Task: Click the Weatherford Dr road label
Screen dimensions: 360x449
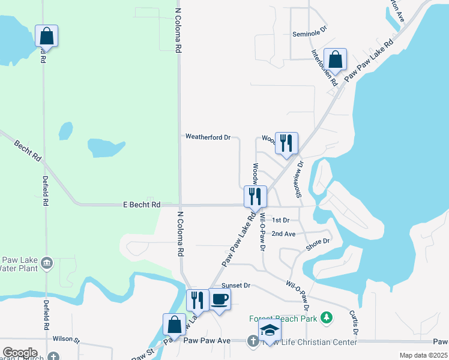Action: click(x=208, y=137)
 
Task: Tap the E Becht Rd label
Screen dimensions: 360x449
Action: click(x=139, y=205)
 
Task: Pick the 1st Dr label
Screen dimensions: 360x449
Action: click(x=281, y=221)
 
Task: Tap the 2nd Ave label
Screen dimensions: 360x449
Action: click(x=283, y=233)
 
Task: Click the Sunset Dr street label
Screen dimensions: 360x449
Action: click(x=235, y=286)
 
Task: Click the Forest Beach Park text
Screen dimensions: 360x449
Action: click(x=283, y=319)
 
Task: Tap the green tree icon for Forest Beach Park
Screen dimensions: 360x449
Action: click(x=327, y=317)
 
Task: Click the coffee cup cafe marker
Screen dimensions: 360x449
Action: click(x=219, y=299)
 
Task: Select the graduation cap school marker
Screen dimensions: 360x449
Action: click(x=270, y=331)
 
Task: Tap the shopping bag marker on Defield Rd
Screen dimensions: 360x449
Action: click(x=47, y=37)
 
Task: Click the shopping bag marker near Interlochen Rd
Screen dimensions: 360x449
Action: click(x=335, y=60)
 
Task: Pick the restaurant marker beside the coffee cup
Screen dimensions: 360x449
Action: click(x=197, y=299)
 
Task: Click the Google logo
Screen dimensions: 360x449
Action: click(x=20, y=353)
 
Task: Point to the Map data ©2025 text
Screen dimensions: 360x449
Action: click(x=423, y=355)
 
